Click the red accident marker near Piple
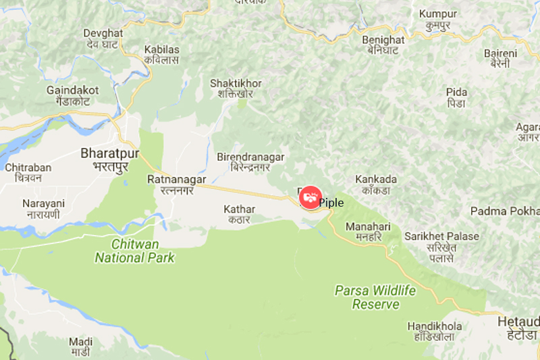click(310, 197)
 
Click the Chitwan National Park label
click(134, 251)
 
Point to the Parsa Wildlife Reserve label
click(376, 297)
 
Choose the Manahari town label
click(364, 232)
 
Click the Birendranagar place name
click(250, 161)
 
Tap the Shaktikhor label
click(236, 88)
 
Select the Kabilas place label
click(162, 55)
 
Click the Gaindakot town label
click(73, 95)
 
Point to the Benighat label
click(383, 45)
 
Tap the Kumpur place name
click(438, 19)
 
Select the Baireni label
click(500, 58)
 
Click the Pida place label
click(456, 97)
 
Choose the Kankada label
click(377, 185)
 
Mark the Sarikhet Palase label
click(442, 242)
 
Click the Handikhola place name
click(435, 332)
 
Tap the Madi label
click(81, 346)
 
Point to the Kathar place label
click(239, 214)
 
